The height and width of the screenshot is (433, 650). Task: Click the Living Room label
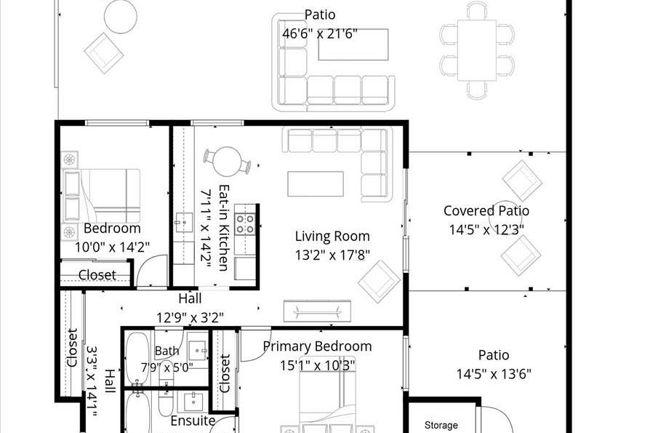[x=332, y=236]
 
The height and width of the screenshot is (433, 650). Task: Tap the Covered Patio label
[x=486, y=211]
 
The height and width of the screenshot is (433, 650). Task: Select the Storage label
[x=441, y=425]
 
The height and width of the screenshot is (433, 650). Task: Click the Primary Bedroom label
[x=317, y=346]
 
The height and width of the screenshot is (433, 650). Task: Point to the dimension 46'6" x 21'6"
[x=320, y=33]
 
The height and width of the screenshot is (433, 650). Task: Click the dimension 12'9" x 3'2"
[x=190, y=318]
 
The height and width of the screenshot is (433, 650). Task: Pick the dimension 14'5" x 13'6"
[x=493, y=374]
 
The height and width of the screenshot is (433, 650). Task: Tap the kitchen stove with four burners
[x=245, y=224]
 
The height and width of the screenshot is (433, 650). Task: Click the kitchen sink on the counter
[x=183, y=223]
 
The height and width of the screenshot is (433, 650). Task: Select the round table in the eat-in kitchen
[x=227, y=162]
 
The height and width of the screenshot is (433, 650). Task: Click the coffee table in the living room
[x=316, y=183]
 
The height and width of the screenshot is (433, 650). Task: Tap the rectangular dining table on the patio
[x=477, y=50]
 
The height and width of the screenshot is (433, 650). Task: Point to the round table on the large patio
[x=120, y=17]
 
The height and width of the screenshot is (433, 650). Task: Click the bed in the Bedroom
[x=102, y=196]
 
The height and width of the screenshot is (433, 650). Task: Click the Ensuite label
[x=193, y=421]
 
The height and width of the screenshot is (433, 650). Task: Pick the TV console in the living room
[x=317, y=311]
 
